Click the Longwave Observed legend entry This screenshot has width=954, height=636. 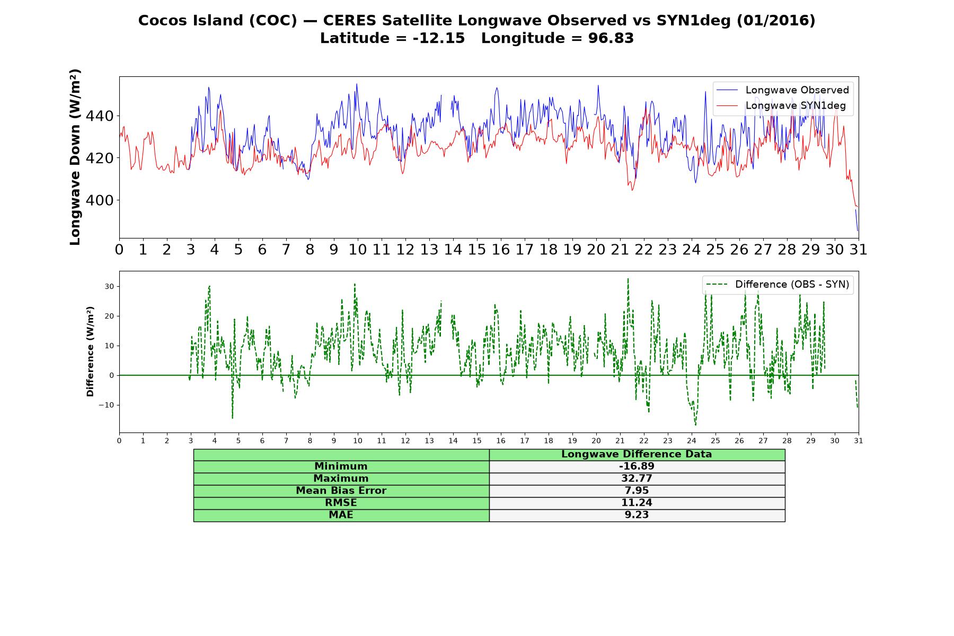tap(782, 90)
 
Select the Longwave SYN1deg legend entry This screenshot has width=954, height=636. tap(781, 105)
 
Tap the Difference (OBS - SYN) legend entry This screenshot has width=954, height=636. tap(778, 285)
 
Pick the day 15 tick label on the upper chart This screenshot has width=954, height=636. tap(477, 250)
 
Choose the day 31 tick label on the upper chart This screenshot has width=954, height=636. tap(859, 250)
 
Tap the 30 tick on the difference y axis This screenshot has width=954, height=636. tap(109, 286)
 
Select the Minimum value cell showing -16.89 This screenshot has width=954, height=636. tap(637, 466)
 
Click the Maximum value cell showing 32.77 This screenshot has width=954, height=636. tap(637, 479)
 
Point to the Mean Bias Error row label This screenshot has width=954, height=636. tap(341, 491)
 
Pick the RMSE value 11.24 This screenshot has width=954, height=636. tap(637, 503)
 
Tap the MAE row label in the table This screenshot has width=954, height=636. tap(341, 515)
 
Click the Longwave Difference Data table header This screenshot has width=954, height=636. tap(637, 454)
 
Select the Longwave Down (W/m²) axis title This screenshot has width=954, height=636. tap(75, 157)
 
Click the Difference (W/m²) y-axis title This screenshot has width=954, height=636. tap(90, 351)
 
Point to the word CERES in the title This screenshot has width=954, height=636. tap(350, 21)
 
